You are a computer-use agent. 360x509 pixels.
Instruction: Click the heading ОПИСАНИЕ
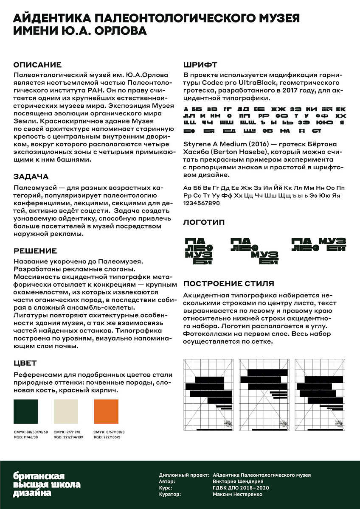37,65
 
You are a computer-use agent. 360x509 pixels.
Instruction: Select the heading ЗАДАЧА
31,176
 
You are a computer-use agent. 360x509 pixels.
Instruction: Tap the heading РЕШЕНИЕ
35,251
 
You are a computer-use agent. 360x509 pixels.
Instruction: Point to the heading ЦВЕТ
25,363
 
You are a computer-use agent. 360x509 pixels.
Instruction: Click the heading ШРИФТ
200,65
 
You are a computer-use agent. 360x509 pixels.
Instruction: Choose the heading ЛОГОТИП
204,222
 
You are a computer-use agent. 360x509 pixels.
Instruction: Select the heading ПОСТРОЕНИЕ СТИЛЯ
228,283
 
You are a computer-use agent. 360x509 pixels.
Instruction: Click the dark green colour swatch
26,411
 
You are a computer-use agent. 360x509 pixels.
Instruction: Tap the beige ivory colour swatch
66,411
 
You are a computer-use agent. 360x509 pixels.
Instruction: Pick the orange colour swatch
106,411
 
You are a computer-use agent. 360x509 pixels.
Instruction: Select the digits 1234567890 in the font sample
201,203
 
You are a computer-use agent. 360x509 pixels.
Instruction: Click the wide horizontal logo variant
318,244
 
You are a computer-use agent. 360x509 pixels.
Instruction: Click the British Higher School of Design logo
47,484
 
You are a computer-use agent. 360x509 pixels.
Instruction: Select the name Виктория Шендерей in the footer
238,481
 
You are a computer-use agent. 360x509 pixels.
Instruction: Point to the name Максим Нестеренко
238,494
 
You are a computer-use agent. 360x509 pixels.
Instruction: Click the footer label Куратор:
170,494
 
